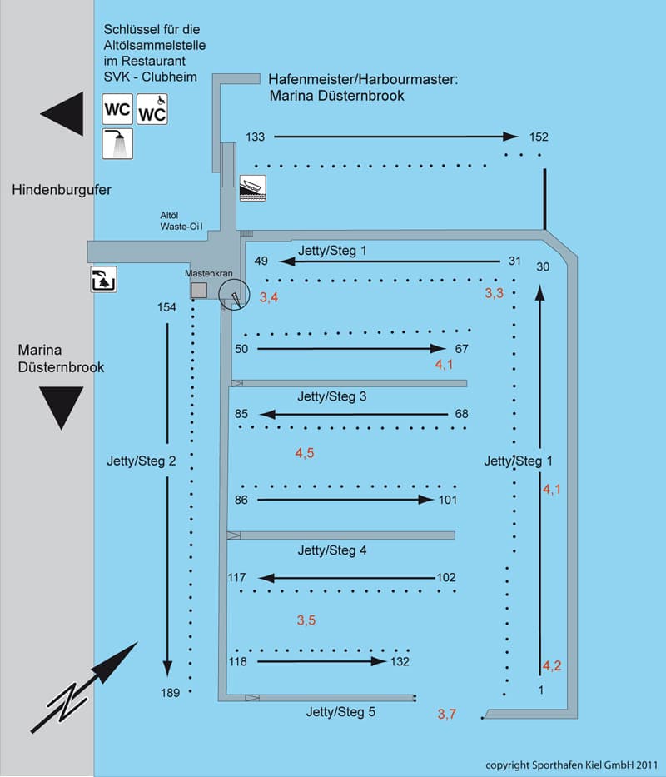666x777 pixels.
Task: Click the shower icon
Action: pyautogui.click(x=118, y=143)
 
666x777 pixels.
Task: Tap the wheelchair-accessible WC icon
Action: pyautogui.click(x=152, y=109)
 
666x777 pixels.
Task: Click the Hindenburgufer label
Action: pyautogui.click(x=62, y=191)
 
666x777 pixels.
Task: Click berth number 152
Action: pyautogui.click(x=539, y=137)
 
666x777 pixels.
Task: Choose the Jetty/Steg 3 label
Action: pyautogui.click(x=331, y=396)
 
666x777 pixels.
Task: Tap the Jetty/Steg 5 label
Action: pyautogui.click(x=340, y=711)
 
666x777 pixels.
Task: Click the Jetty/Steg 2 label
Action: pyautogui.click(x=142, y=460)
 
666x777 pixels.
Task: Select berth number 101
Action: pyautogui.click(x=448, y=500)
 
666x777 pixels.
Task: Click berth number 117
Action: pyautogui.click(x=238, y=577)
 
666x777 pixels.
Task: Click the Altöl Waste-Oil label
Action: pyautogui.click(x=181, y=220)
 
